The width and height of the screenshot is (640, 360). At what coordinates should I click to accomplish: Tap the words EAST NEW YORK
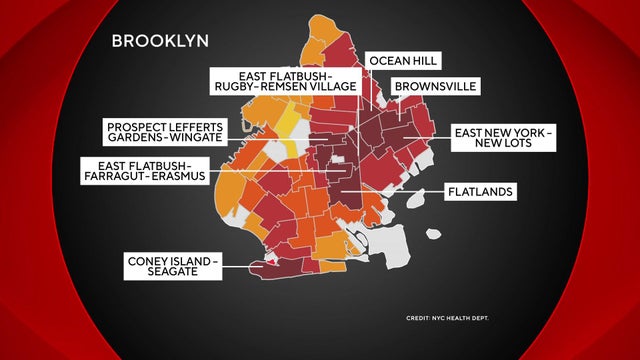tap(497, 132)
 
